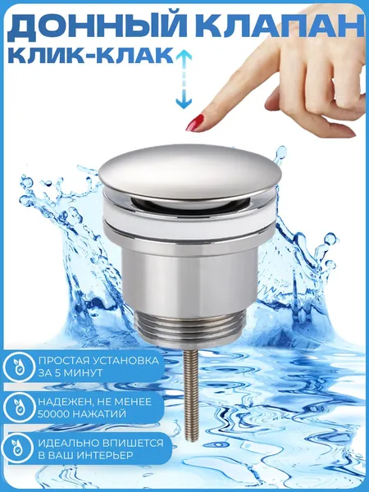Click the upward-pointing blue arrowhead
(184, 55)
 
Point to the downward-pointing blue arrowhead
(184, 104)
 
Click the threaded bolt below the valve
(190, 395)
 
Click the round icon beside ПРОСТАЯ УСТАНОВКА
(18, 367)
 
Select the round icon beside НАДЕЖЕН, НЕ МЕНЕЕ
(18, 408)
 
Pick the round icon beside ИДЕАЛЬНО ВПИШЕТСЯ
(18, 448)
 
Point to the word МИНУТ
(81, 373)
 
